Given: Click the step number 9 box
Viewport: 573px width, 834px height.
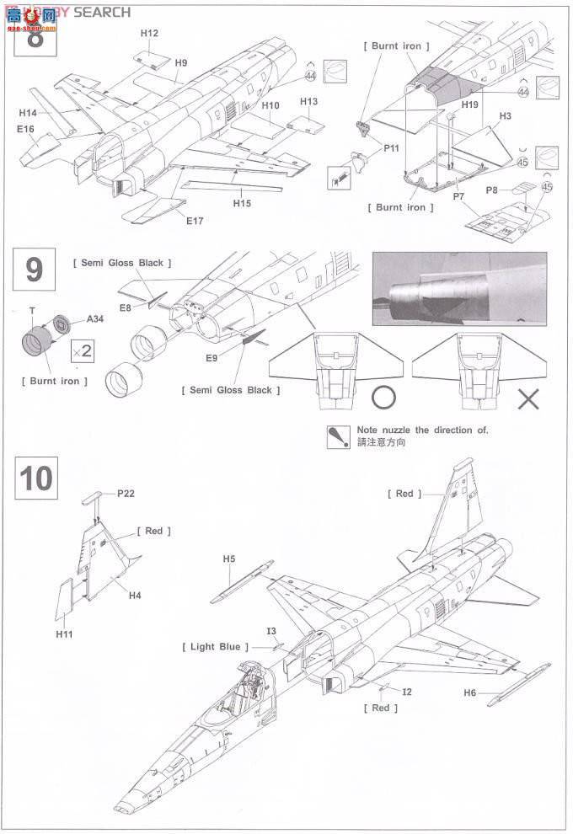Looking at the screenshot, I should click(x=35, y=269).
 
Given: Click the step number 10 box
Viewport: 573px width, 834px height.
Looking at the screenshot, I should click(x=35, y=478).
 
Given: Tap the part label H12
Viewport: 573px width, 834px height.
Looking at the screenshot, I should click(x=149, y=33).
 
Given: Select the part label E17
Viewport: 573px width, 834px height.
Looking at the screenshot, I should click(x=195, y=221).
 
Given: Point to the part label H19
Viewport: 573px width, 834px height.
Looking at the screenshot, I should click(x=470, y=104).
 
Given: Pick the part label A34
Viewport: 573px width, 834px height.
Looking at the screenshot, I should click(x=96, y=319).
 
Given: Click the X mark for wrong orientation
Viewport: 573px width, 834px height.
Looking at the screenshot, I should click(x=527, y=398).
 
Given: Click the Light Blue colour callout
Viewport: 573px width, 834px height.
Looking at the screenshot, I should click(x=215, y=646).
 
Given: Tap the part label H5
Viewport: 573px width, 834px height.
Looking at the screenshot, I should click(x=229, y=559).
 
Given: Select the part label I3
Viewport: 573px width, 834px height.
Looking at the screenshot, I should click(x=270, y=631).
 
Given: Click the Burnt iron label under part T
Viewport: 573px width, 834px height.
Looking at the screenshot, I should click(x=51, y=381).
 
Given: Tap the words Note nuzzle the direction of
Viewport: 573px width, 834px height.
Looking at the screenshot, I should click(x=422, y=430).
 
